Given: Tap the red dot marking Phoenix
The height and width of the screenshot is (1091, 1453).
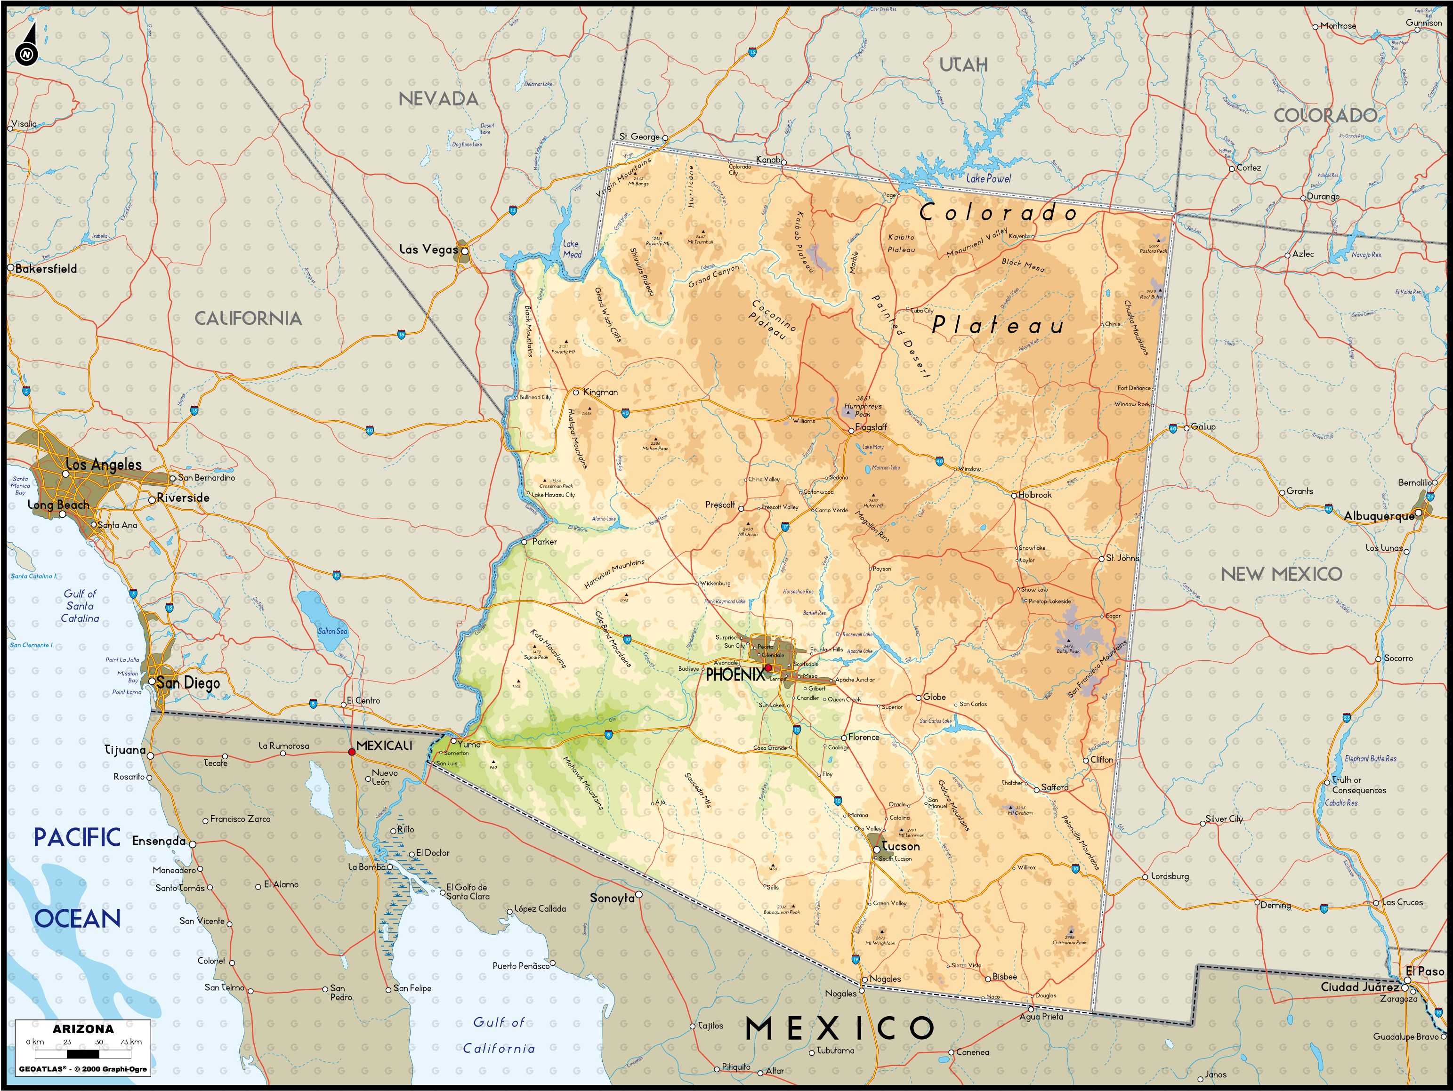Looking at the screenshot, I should coord(768,668).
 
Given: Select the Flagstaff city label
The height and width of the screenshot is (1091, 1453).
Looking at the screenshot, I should coord(871,427).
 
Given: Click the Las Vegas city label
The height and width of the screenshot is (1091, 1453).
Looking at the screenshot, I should coord(428,249).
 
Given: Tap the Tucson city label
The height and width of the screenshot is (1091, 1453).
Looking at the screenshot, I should coord(901,846).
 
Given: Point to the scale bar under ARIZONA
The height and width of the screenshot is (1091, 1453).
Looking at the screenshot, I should coord(83,1054).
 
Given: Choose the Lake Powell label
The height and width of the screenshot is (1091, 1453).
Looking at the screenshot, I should coord(989,178).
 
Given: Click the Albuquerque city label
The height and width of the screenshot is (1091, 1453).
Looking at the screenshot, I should coord(1379,516).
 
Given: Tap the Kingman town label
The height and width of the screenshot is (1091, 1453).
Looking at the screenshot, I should coord(600,392).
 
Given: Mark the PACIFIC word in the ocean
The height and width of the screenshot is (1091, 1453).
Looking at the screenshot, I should coord(77,838).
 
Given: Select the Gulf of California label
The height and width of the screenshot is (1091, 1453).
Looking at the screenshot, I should coord(499,1035).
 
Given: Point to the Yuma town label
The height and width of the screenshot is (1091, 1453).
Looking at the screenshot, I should coord(469,745).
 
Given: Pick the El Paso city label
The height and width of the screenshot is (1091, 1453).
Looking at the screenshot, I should coord(1425,971).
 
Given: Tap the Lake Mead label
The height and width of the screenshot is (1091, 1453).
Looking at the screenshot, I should coord(572,249).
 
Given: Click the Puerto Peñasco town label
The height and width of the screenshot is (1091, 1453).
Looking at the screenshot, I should coord(521,966).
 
